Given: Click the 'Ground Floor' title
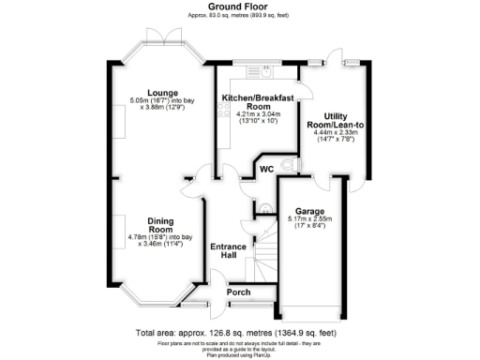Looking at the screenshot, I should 239,7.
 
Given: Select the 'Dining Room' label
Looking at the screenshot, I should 160,225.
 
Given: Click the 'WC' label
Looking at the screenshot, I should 266,170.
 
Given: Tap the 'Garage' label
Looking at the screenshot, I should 309,211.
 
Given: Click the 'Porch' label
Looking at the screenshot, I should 239,292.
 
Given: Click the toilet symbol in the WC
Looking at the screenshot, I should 298,165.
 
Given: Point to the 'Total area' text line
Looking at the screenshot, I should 239,333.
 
